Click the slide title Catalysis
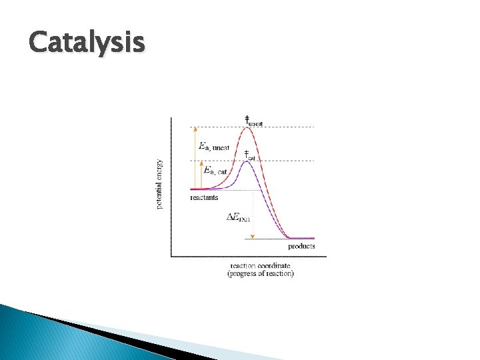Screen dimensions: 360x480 [x=87, y=43]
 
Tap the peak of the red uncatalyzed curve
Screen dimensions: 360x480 [x=247, y=127]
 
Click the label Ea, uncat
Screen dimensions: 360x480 [x=213, y=147]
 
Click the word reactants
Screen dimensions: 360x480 [x=204, y=197]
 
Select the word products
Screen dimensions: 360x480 [x=301, y=246]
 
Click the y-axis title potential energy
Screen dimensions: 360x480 [x=159, y=183]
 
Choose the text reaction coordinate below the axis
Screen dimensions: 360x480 [x=260, y=265]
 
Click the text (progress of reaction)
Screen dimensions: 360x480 [x=260, y=273]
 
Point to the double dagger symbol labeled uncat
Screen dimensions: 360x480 [x=247, y=119]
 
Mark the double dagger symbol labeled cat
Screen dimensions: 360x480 [x=245, y=154]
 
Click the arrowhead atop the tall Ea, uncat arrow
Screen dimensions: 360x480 [x=195, y=128]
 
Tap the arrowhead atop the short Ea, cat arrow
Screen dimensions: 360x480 [x=201, y=162]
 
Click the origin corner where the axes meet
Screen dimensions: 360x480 [x=171, y=255]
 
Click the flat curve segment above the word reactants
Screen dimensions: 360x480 [x=200, y=190]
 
